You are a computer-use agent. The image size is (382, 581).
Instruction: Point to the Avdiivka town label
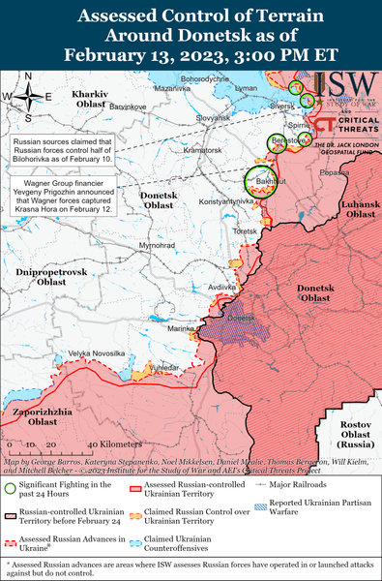pos(221,288)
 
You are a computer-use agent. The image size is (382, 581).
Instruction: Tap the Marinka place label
pos(182,328)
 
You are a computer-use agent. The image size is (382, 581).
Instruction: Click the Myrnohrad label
pos(156,247)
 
